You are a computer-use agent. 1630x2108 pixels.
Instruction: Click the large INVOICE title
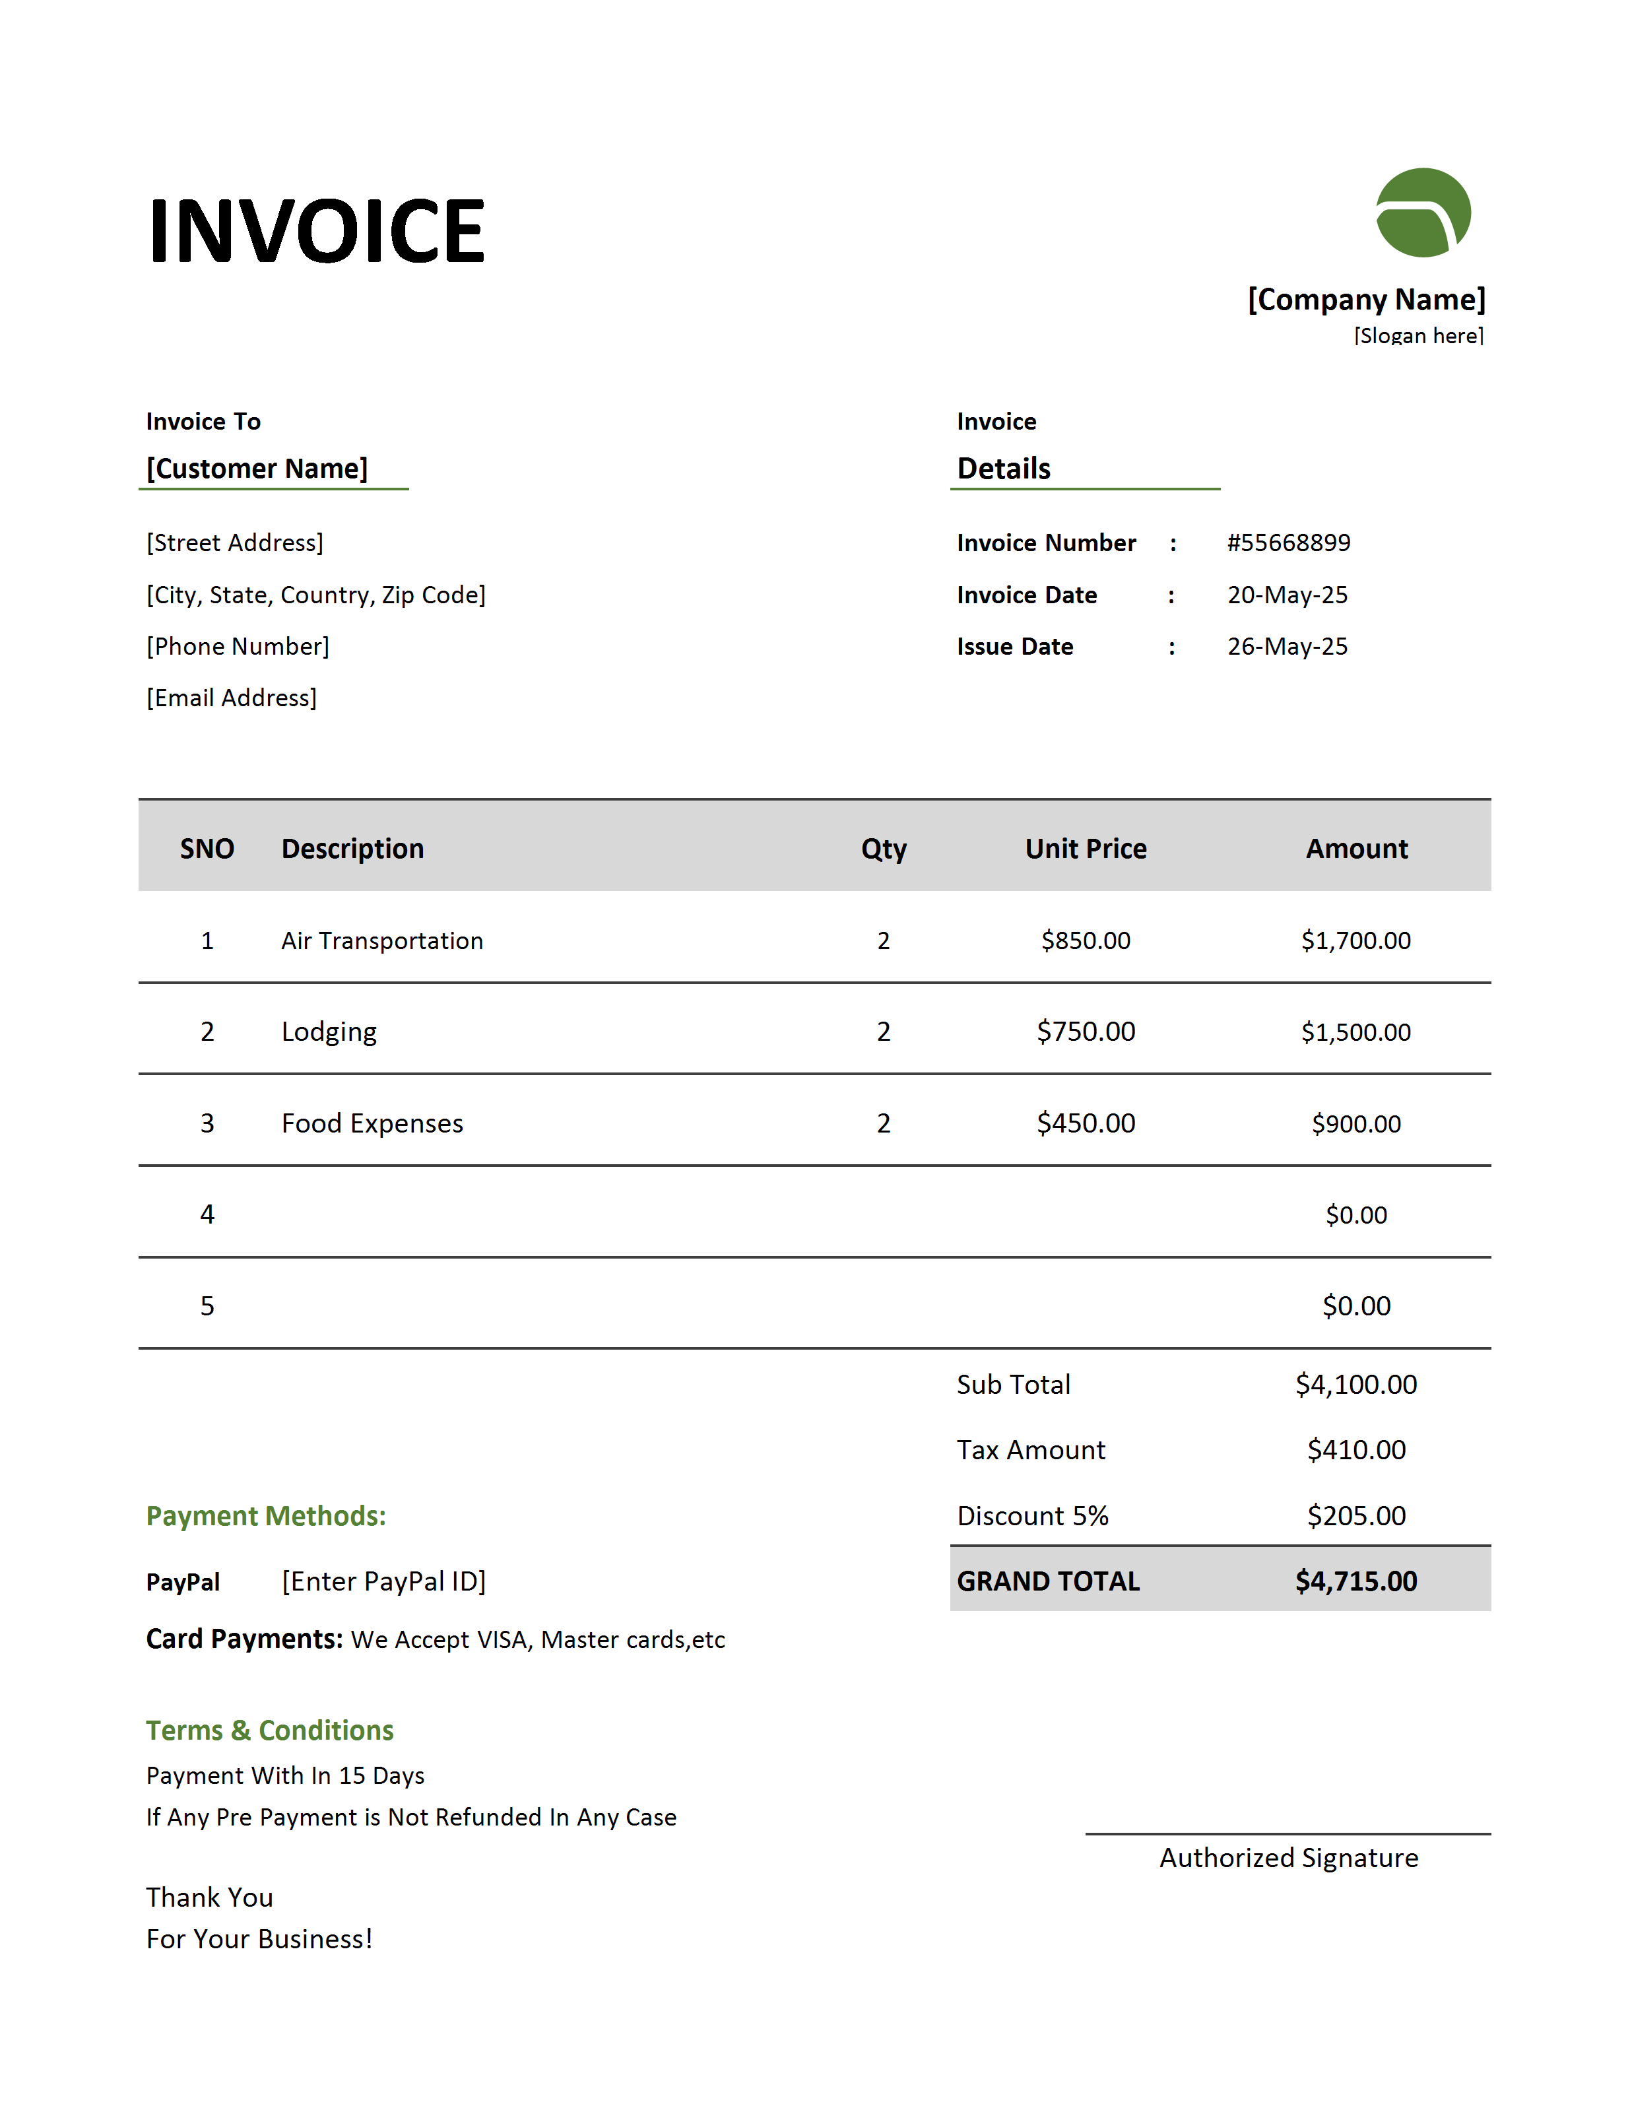[x=317, y=231]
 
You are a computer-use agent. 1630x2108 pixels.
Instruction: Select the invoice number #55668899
[x=1288, y=543]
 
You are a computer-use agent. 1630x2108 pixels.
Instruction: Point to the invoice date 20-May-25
[x=1286, y=595]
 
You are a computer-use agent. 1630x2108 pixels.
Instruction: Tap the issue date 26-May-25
[x=1286, y=647]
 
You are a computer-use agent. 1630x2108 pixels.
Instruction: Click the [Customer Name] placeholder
[x=257, y=469]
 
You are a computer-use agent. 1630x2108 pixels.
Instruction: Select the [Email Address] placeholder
[x=232, y=698]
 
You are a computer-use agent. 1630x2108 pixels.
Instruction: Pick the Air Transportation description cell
[x=382, y=941]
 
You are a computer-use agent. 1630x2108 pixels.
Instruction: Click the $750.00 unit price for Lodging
[x=1086, y=1032]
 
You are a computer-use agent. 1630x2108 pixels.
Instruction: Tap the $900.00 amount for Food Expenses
[x=1356, y=1123]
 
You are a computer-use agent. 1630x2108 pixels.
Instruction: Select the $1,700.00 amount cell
[x=1356, y=941]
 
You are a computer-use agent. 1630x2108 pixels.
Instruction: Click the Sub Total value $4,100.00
[x=1356, y=1385]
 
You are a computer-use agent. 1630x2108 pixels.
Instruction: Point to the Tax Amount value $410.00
[x=1356, y=1450]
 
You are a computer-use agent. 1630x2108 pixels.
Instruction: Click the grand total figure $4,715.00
[x=1356, y=1581]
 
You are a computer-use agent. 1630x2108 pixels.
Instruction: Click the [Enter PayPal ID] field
[x=384, y=1581]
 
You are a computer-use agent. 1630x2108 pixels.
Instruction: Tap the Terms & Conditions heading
[x=270, y=1730]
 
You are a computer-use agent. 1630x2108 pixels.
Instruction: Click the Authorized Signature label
[x=1288, y=1858]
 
